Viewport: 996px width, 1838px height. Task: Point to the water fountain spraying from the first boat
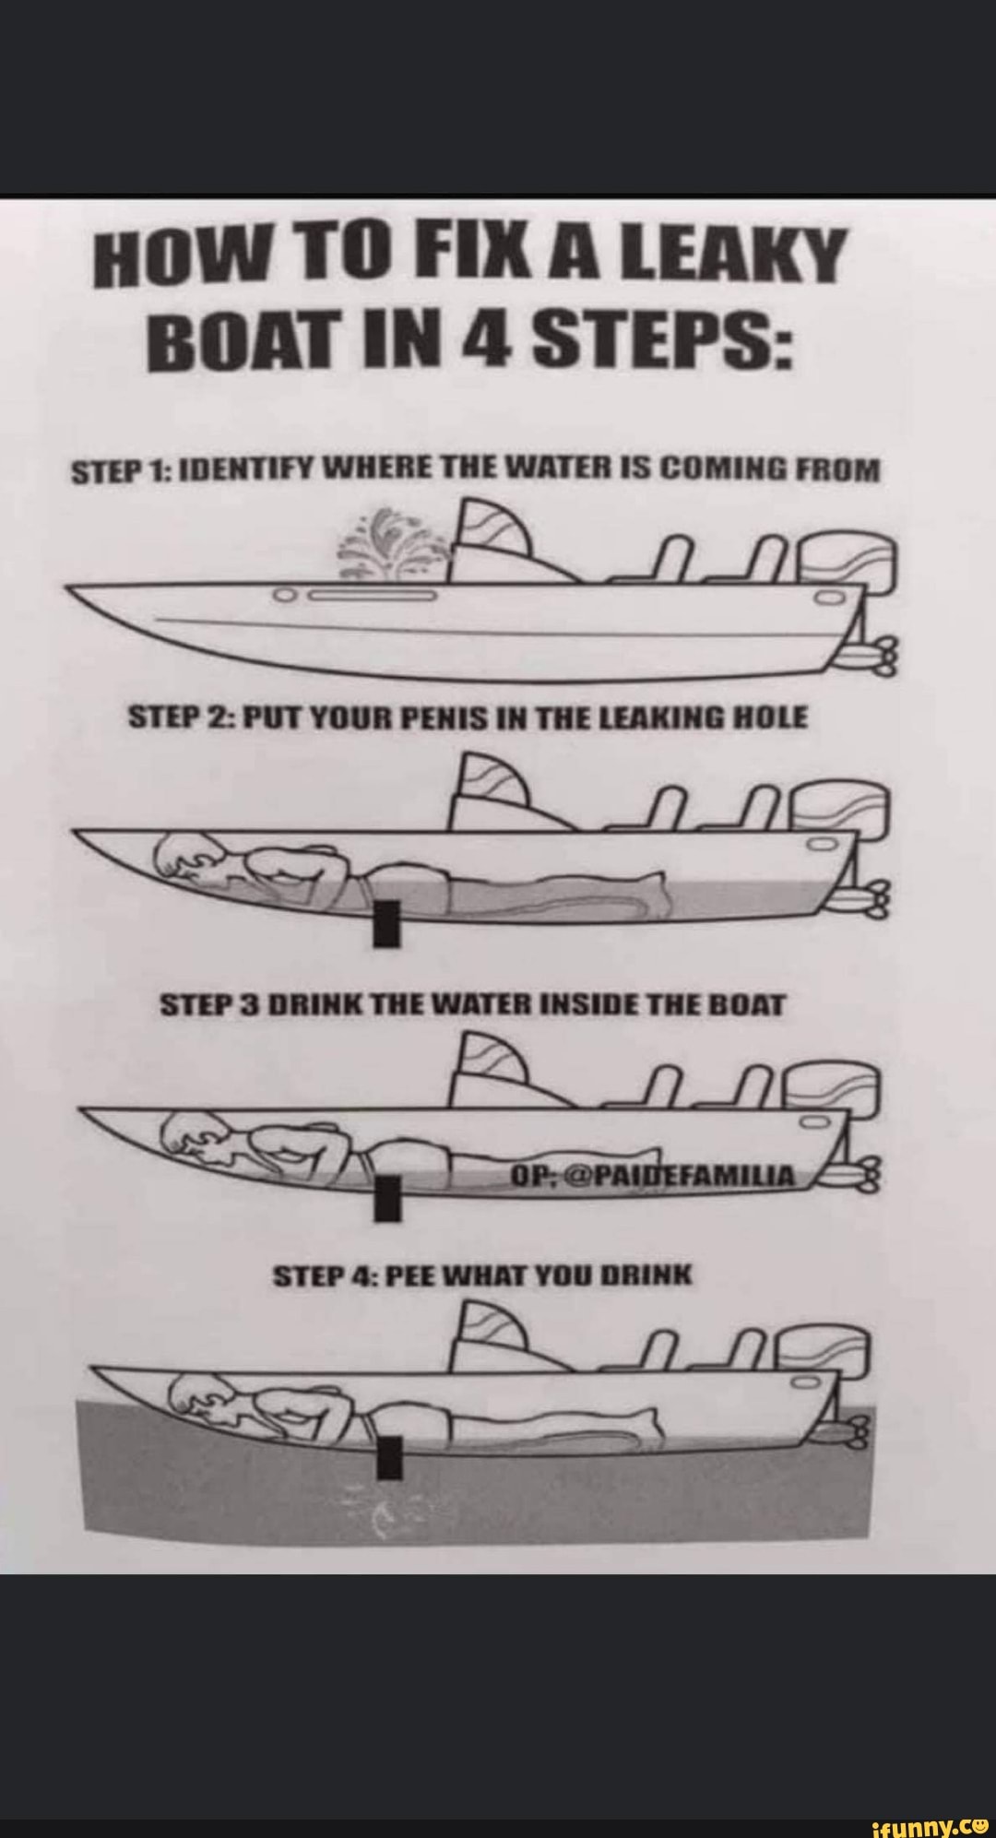coord(402,544)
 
